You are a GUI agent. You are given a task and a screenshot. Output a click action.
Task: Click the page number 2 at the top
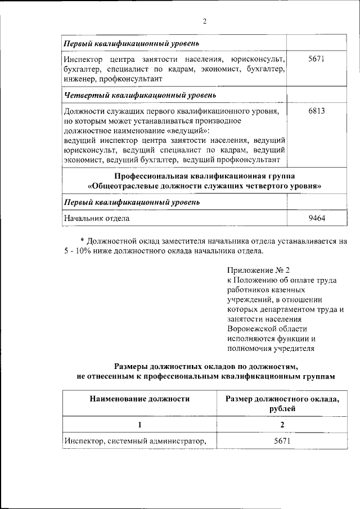click(x=205, y=22)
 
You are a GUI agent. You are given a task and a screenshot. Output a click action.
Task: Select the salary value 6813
click(x=317, y=111)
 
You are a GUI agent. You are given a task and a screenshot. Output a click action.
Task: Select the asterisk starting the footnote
click(x=82, y=241)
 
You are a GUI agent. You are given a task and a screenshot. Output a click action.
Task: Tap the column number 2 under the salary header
click(x=282, y=424)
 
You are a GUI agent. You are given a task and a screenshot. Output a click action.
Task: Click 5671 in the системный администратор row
click(x=282, y=441)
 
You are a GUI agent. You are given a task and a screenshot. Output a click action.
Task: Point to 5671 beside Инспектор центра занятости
click(x=317, y=58)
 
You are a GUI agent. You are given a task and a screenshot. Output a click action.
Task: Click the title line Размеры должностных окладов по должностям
click(x=204, y=366)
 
